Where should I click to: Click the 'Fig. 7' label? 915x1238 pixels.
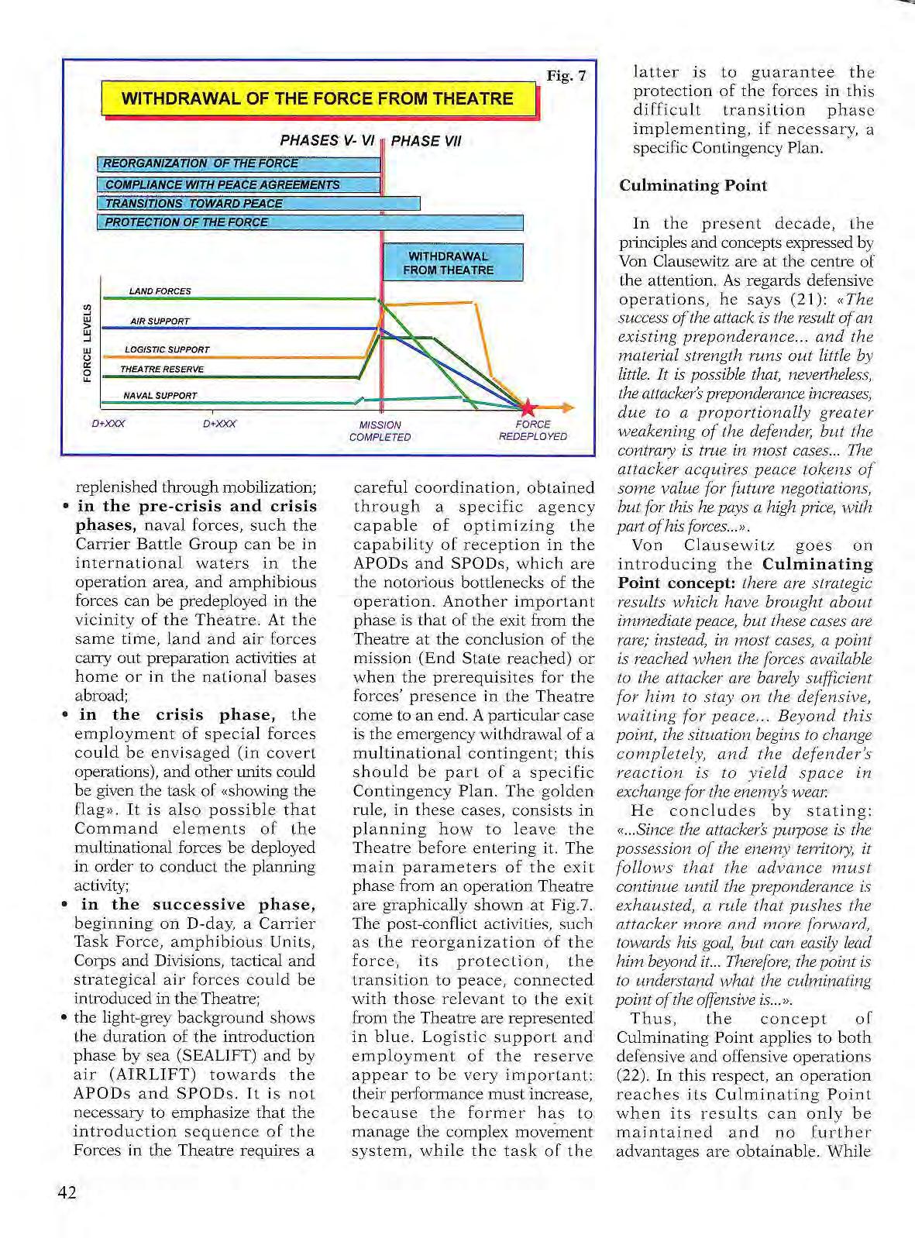tap(566, 76)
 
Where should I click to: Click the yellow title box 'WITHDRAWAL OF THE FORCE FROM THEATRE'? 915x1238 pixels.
tap(318, 99)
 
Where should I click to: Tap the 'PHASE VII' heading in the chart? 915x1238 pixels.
tap(426, 141)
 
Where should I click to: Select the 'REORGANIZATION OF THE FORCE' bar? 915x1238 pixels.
tap(239, 163)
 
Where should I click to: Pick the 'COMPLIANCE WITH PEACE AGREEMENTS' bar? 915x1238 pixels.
tap(239, 184)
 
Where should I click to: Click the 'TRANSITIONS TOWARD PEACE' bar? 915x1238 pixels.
tap(258, 204)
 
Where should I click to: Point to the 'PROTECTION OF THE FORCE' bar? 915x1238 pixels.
tap(310, 222)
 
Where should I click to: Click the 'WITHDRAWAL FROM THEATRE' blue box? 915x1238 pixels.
tap(452, 263)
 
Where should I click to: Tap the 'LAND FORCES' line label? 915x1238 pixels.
tap(160, 291)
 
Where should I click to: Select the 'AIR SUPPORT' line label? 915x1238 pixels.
tap(160, 321)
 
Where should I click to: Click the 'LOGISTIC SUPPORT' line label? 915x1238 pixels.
tap(167, 349)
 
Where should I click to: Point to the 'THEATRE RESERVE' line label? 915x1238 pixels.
tap(162, 370)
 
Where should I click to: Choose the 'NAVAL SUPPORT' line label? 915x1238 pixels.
tap(160, 396)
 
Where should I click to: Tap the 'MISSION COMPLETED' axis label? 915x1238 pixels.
tap(380, 431)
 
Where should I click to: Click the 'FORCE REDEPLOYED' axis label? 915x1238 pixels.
tap(533, 430)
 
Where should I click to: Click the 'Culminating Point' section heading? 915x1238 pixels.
tap(693, 186)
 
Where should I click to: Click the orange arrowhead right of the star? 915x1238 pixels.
tap(568, 407)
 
